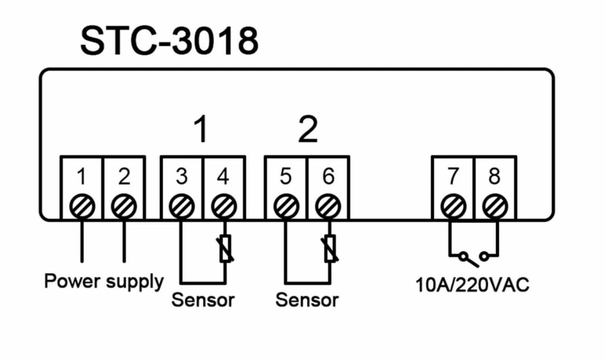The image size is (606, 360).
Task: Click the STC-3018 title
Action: click(169, 41)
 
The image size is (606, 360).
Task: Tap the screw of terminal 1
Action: click(82, 206)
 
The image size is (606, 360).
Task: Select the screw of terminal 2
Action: click(124, 206)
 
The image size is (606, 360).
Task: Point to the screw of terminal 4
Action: click(224, 206)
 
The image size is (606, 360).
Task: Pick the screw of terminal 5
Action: click(286, 206)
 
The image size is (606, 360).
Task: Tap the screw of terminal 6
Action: click(328, 206)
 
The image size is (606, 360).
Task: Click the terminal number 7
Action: click(453, 177)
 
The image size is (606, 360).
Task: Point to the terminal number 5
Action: click(286, 177)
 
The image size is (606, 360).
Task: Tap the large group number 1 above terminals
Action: click(201, 130)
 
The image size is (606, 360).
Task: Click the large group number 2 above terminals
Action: click(308, 130)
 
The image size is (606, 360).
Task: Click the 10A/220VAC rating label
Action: click(472, 285)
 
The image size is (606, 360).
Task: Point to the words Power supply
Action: click(104, 281)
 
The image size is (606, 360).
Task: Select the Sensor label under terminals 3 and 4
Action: click(203, 300)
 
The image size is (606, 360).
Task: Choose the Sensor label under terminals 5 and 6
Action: click(306, 300)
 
